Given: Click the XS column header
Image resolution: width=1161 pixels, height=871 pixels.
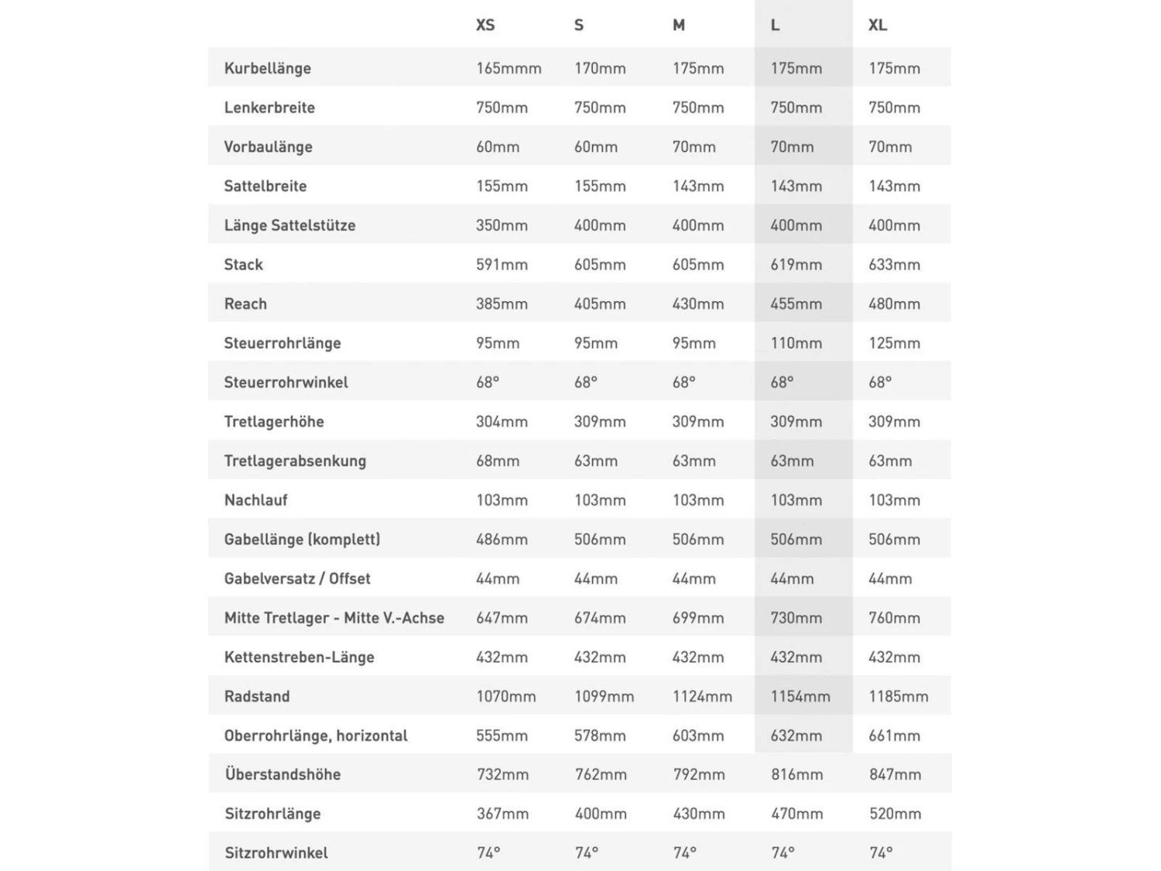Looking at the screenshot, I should [485, 26].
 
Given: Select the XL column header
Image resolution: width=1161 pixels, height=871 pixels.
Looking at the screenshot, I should [877, 26].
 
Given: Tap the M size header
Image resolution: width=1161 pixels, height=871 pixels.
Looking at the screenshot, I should [679, 26].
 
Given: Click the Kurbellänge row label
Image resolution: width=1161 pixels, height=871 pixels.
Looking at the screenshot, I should [268, 68].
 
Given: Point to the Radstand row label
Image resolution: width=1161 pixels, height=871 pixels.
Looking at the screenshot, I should [257, 696].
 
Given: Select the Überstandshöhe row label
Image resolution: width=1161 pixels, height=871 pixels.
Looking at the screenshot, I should [283, 774].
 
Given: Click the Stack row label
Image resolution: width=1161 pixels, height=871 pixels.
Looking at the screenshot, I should [244, 265].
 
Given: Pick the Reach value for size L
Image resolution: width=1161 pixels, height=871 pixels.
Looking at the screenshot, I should [796, 304].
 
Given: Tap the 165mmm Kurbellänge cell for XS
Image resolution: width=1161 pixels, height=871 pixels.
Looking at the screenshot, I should [509, 68].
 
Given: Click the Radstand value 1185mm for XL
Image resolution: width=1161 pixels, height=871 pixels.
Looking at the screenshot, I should [898, 696].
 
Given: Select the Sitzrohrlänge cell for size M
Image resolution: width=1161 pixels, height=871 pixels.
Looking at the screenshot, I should [699, 814].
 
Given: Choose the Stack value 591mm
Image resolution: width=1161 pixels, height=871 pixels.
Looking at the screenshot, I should [502, 265].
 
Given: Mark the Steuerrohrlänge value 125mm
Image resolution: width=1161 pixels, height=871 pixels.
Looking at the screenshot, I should [894, 343].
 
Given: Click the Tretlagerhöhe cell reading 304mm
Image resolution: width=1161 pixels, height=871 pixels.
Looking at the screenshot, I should [502, 422].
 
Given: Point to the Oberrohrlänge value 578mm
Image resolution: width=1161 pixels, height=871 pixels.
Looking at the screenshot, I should [600, 736].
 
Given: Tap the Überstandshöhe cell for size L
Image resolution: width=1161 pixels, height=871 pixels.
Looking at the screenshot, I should [796, 774].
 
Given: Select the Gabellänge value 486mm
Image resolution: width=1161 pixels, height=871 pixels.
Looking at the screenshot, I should [502, 540].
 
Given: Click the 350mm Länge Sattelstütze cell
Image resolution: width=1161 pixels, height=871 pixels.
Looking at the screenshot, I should [502, 225].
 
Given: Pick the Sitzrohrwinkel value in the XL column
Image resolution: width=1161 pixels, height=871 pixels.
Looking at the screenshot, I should [881, 853].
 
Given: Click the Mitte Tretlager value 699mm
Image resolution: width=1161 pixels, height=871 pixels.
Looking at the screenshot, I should [698, 618].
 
